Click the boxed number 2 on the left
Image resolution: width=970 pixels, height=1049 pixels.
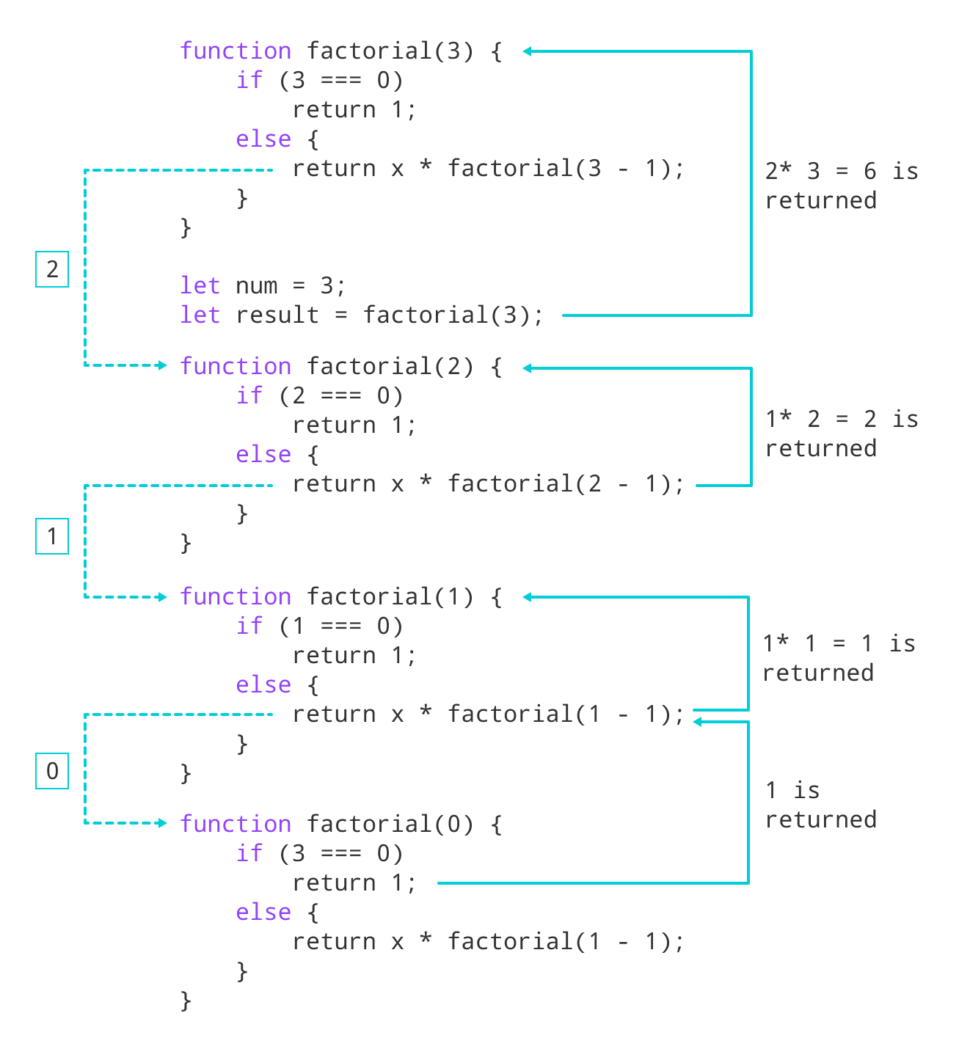point(52,269)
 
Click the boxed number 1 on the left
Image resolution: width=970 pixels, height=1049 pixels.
point(52,536)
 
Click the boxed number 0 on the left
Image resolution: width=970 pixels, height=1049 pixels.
point(52,771)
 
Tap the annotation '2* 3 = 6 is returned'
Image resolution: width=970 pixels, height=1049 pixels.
point(841,186)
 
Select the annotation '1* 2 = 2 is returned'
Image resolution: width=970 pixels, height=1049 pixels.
point(841,434)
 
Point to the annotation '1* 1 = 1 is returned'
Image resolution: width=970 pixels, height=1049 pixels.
point(838,658)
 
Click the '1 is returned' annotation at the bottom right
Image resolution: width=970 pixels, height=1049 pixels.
point(820,805)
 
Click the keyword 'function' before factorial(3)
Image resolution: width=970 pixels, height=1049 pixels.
point(236,51)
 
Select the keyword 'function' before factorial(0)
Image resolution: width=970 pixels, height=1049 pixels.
point(236,824)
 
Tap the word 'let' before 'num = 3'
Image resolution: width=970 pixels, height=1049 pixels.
point(200,285)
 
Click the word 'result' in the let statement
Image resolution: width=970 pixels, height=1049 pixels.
point(277,315)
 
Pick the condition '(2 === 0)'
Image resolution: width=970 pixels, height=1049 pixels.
point(341,396)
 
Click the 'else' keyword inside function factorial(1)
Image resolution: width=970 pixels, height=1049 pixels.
point(263,684)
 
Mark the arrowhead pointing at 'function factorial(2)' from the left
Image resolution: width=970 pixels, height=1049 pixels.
point(163,365)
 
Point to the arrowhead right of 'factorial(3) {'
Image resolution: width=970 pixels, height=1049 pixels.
point(528,51)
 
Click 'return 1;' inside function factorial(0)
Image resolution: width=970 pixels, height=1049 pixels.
point(354,882)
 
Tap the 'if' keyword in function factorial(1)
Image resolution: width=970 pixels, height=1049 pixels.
point(249,626)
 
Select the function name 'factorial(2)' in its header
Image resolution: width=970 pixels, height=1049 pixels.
point(390,366)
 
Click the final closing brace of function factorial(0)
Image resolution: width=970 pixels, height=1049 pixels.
point(186,1000)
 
